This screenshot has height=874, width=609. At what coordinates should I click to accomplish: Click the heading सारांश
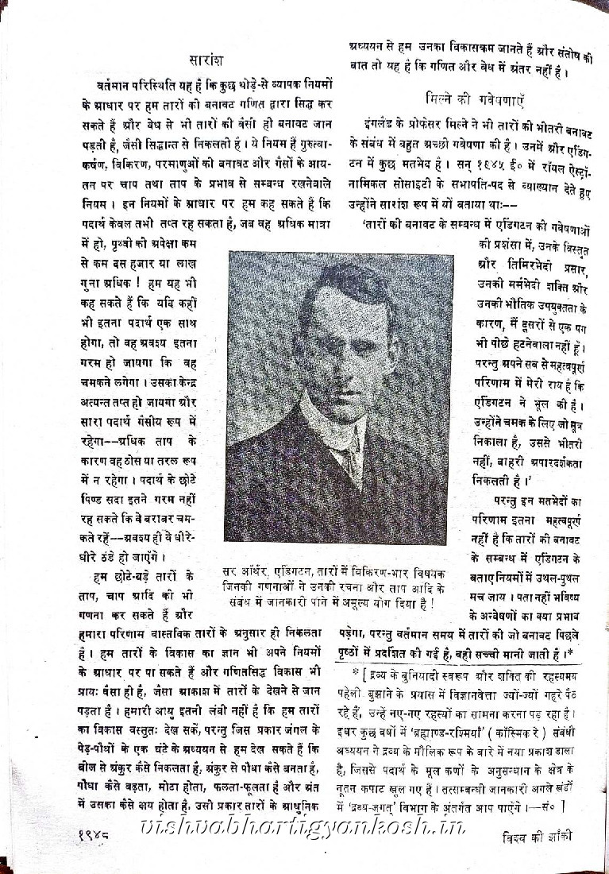coord(209,60)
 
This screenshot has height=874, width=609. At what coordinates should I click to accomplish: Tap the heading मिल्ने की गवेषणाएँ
coord(475,100)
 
